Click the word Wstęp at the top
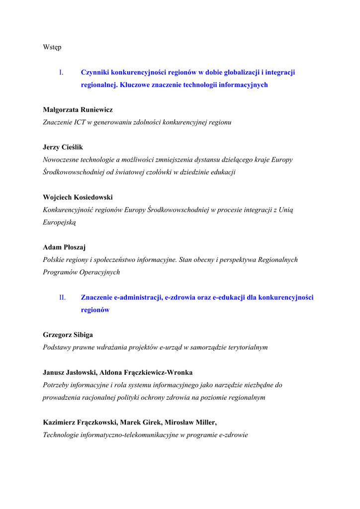click(52, 47)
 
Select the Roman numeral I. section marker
click(61, 73)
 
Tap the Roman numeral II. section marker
click(62, 298)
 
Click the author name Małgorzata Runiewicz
click(78, 110)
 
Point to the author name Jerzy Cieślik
click(63, 148)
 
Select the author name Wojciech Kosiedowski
click(78, 197)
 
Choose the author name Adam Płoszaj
click(64, 248)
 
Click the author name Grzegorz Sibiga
click(68, 335)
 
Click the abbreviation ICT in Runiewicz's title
click(79, 122)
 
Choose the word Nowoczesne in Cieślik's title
click(62, 160)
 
